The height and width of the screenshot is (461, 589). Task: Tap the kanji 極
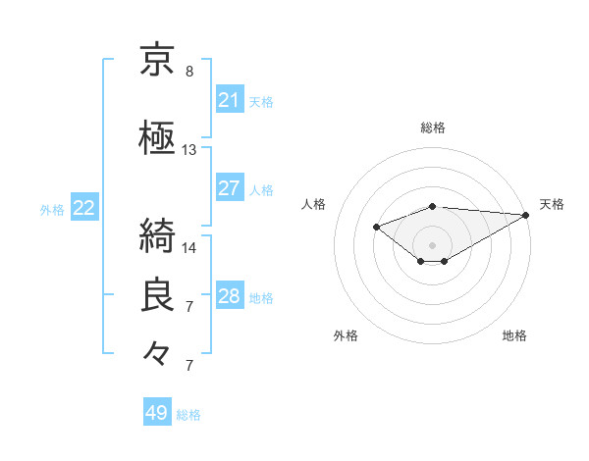[158, 136]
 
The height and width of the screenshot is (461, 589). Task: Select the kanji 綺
[158, 234]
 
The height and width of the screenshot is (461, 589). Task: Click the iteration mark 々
[158, 352]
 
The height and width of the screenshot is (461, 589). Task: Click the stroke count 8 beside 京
[189, 72]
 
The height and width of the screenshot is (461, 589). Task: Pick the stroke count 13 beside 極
[189, 150]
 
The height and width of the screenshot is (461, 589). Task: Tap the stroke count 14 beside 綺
[189, 247]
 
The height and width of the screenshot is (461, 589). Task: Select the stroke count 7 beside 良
[189, 307]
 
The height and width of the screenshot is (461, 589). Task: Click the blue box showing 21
[229, 100]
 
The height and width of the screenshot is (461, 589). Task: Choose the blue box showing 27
[229, 188]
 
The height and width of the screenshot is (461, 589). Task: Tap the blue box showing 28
[229, 296]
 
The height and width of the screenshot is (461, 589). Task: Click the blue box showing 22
[84, 208]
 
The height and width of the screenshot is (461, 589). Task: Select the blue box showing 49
[157, 413]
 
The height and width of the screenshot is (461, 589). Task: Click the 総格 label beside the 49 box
[188, 415]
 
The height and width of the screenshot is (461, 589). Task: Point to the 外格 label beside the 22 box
[52, 209]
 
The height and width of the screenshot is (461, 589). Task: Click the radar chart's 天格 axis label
[552, 204]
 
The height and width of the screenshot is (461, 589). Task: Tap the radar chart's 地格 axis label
[514, 335]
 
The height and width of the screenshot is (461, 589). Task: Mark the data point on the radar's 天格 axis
[525, 214]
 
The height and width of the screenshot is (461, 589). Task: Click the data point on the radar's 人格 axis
[376, 227]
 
